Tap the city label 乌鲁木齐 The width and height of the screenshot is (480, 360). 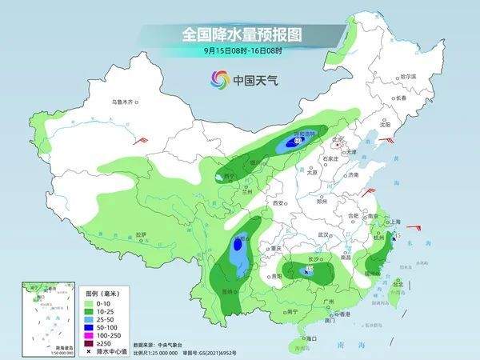[125, 102]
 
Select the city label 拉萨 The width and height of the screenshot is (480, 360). [141, 234]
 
